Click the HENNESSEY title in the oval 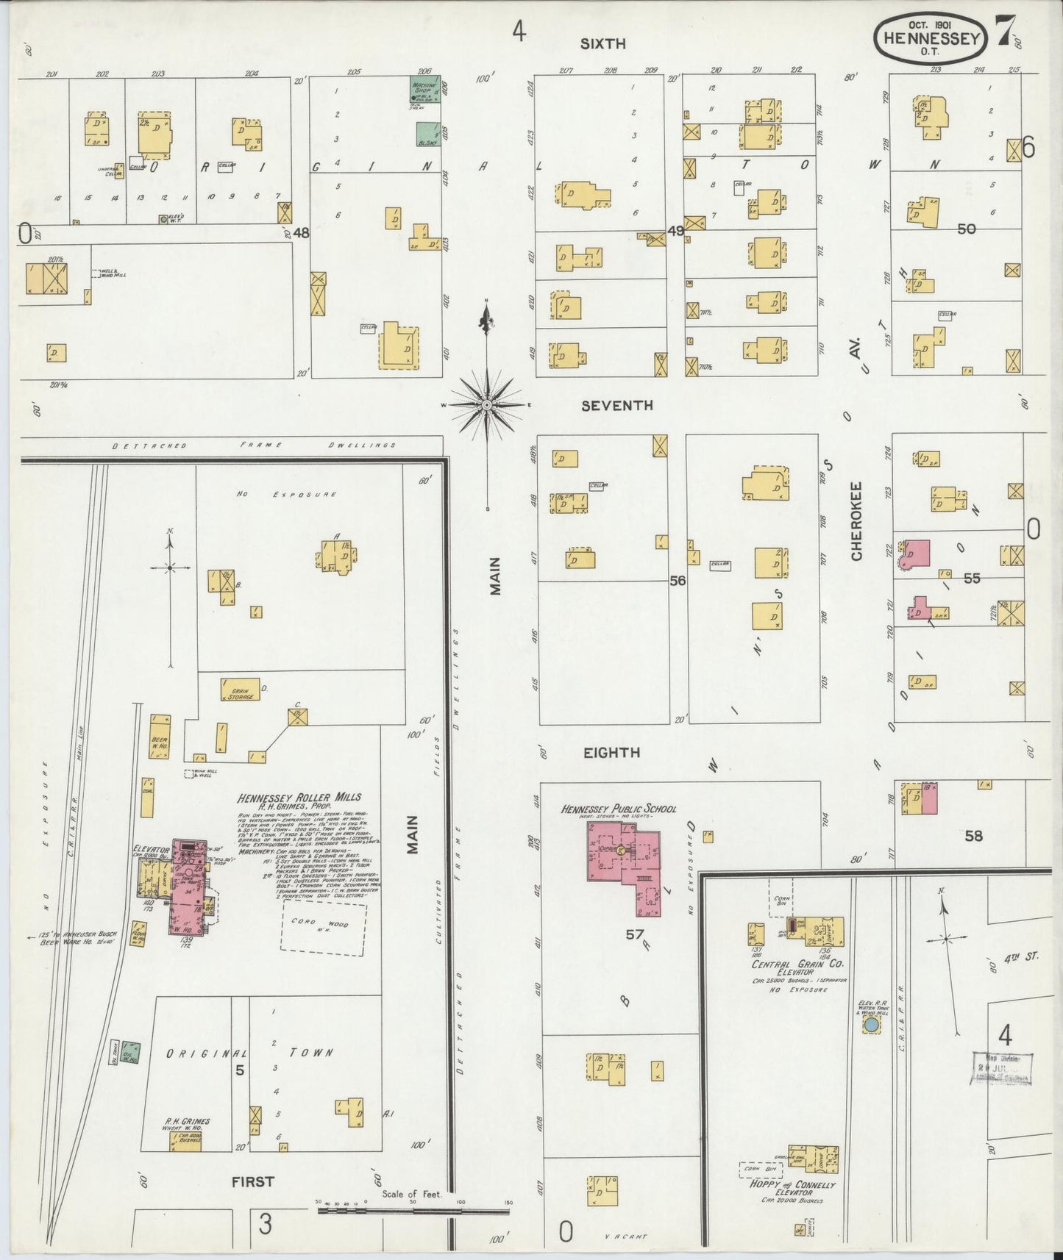(929, 36)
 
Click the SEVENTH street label (616, 405)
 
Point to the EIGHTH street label (611, 753)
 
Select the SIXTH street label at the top (602, 43)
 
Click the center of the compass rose (486, 405)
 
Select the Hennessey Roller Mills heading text (299, 798)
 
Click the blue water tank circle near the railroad (871, 1024)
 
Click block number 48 (300, 233)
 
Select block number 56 (678, 580)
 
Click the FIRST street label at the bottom (252, 1181)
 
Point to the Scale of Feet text (411, 1195)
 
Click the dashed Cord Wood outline (324, 928)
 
